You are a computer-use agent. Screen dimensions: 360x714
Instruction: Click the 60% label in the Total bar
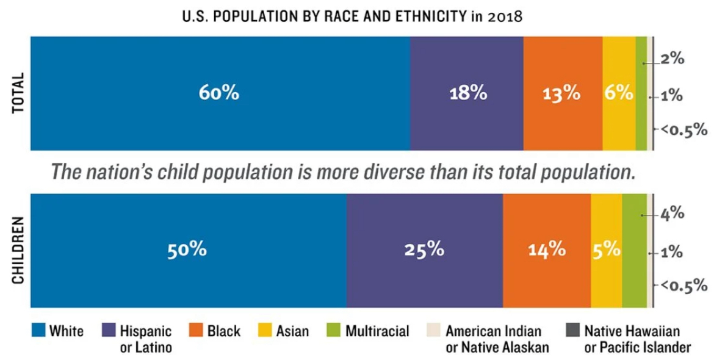point(218,93)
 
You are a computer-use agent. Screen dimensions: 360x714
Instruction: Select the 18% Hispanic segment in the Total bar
point(468,93)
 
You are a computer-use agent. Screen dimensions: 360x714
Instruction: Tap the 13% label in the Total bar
point(561,93)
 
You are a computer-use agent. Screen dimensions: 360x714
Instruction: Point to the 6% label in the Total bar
point(618,93)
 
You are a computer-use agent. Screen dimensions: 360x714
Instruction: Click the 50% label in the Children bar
point(187,250)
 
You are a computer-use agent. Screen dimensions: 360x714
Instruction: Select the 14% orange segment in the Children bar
point(547,250)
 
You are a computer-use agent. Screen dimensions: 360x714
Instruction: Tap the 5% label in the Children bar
point(606,250)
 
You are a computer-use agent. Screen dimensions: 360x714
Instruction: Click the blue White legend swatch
point(38,331)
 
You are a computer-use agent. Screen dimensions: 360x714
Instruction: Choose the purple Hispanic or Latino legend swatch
point(109,331)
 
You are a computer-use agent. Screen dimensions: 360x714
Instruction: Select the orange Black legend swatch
point(197,331)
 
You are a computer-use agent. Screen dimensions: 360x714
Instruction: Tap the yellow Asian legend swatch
point(265,331)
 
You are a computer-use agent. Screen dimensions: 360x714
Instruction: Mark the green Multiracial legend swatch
point(334,331)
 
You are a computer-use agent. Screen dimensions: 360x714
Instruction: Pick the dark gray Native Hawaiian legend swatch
point(572,331)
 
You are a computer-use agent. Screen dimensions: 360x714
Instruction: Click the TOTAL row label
point(18,93)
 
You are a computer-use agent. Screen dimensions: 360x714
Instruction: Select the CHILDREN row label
point(18,250)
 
